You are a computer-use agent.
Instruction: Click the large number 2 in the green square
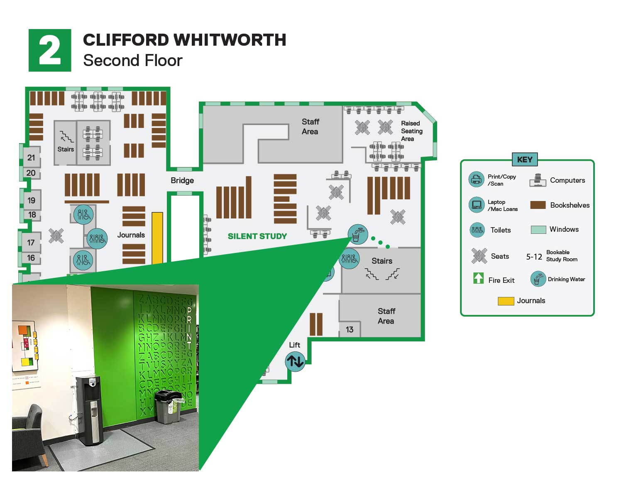pyautogui.click(x=50, y=50)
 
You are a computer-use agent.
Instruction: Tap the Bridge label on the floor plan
pyautogui.click(x=182, y=180)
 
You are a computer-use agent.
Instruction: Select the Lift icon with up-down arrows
pyautogui.click(x=295, y=361)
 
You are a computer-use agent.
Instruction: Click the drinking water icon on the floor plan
pyautogui.click(x=357, y=234)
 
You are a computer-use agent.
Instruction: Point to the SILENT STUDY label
pyautogui.click(x=257, y=236)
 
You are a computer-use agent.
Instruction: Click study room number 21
pyautogui.click(x=31, y=157)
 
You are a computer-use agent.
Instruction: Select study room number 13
pyautogui.click(x=350, y=329)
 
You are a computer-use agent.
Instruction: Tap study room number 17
pyautogui.click(x=31, y=242)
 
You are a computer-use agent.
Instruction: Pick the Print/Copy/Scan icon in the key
pyautogui.click(x=476, y=179)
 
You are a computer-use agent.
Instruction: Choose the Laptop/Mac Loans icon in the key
pyautogui.click(x=476, y=205)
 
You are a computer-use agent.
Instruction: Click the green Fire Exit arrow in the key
pyautogui.click(x=478, y=278)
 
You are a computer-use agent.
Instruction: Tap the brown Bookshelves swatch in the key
pyautogui.click(x=538, y=205)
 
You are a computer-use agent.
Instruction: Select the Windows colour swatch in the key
pyautogui.click(x=538, y=229)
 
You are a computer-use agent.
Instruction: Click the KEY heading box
pyautogui.click(x=525, y=159)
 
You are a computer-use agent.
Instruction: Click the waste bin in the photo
pyautogui.click(x=168, y=407)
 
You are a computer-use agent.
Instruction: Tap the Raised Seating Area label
pyautogui.click(x=411, y=131)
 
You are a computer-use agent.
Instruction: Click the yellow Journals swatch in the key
pyautogui.click(x=506, y=301)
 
